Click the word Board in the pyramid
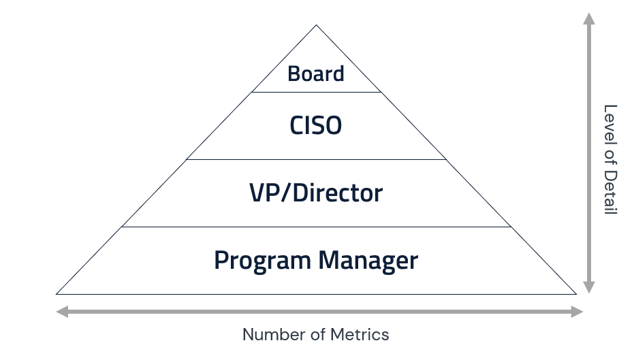(x=315, y=73)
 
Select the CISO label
(x=315, y=126)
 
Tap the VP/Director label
(x=315, y=193)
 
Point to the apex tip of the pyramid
(x=316, y=27)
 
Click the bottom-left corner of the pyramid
(x=57, y=293)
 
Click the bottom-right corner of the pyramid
(x=575, y=293)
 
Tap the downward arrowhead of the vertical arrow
(x=589, y=287)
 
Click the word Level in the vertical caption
(x=610, y=122)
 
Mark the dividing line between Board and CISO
(x=316, y=92)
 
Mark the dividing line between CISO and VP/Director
(x=316, y=159)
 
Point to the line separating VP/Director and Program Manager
(x=316, y=227)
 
